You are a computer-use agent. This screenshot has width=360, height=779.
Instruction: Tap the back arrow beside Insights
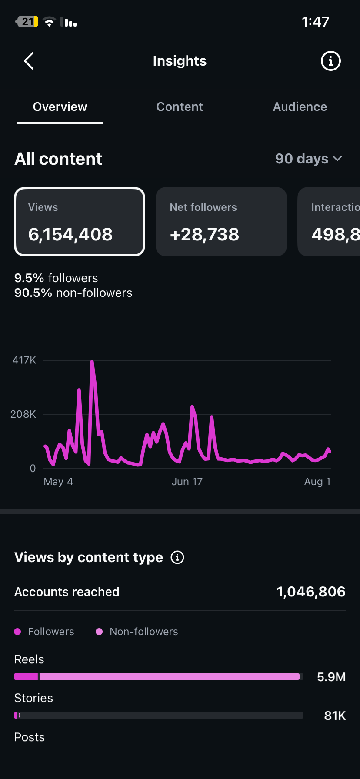29,61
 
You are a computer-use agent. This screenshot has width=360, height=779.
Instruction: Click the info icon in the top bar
330,61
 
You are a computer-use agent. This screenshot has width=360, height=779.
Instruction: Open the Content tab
180,107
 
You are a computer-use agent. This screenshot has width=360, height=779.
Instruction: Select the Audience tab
300,107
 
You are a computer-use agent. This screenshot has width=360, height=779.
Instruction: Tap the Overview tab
60,107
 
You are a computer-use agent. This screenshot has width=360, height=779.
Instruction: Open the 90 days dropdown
309,159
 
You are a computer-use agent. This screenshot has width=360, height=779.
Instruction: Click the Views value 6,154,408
70,234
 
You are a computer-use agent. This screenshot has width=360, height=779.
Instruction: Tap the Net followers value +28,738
204,234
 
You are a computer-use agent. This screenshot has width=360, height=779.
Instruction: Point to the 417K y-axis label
24,360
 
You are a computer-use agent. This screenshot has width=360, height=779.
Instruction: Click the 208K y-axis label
23,414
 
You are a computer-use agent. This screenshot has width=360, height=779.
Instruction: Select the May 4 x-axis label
58,482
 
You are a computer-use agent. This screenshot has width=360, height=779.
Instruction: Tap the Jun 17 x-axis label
187,482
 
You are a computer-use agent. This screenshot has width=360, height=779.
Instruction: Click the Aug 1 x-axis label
317,482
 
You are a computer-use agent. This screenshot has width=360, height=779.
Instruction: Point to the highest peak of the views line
92,361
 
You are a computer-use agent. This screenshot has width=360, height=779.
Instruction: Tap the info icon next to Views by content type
177,557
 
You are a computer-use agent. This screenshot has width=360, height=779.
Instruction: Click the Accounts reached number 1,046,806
311,592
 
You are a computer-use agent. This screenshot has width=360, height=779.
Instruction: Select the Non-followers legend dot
99,632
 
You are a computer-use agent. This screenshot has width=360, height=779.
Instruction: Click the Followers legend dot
18,632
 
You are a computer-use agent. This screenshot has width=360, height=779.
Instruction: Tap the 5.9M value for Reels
331,677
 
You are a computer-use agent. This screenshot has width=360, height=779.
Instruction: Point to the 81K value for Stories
335,716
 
